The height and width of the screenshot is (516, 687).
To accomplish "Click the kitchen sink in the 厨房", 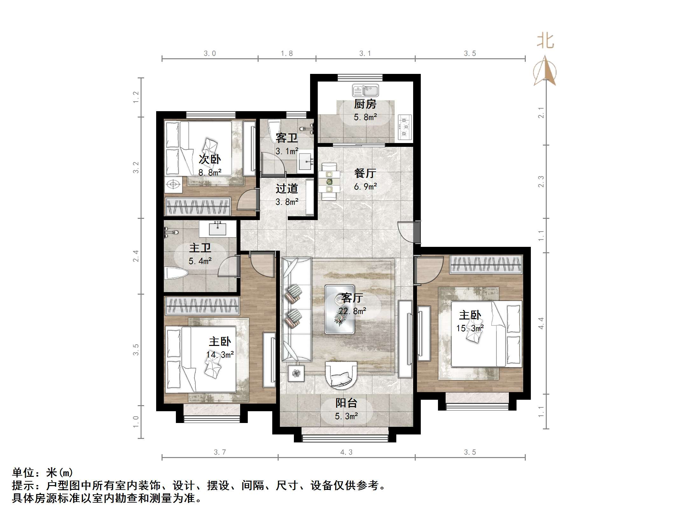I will pyautogui.click(x=365, y=90).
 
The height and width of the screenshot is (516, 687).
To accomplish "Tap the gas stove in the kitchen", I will pyautogui.click(x=404, y=127).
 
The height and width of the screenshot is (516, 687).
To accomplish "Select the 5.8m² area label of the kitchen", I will pyautogui.click(x=365, y=117).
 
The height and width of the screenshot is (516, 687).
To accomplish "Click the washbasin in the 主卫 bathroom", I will pyautogui.click(x=218, y=229).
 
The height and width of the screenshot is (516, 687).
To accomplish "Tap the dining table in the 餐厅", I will pyautogui.click(x=329, y=182).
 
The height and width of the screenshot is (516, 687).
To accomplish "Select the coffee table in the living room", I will pyautogui.click(x=339, y=309).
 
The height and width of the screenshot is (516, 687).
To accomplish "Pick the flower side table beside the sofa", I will pyautogui.click(x=296, y=373).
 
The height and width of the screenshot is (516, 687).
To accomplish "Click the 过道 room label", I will pyautogui.click(x=287, y=189).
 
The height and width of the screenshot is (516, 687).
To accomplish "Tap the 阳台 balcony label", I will pyautogui.click(x=346, y=403).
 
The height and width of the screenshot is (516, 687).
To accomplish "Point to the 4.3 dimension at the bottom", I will pyautogui.click(x=346, y=452).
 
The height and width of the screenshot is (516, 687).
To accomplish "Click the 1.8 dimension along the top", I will pyautogui.click(x=287, y=54).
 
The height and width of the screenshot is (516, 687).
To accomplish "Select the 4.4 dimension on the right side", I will pyautogui.click(x=541, y=323).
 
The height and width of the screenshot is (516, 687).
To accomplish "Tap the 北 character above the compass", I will pyautogui.click(x=545, y=41).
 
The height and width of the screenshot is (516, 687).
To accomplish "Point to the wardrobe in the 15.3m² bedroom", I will pyautogui.click(x=486, y=265).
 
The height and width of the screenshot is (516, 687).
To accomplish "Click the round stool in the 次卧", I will pyautogui.click(x=173, y=184).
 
